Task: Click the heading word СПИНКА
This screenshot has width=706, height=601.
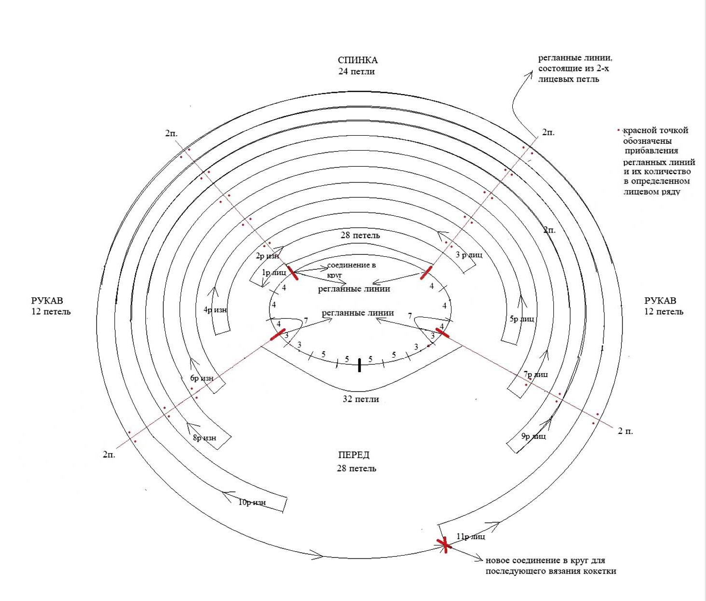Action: pos(357,60)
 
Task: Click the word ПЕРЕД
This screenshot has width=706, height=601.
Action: pos(354,455)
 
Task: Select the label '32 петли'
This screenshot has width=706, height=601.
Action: pos(361,399)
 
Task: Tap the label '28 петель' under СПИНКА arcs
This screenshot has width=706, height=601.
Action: pos(360,236)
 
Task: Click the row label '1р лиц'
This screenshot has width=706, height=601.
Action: pos(274,273)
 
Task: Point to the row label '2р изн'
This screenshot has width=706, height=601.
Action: pos(268,256)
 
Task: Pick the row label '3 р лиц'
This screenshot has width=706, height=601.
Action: pos(469,254)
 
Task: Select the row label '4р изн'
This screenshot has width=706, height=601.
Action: pos(215,310)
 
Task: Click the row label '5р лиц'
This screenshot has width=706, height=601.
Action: pos(522,319)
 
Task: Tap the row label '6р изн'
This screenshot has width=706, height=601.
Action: pos(202,378)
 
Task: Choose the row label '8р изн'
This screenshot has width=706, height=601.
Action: pos(204,438)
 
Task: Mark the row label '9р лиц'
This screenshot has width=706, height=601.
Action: pos(534,436)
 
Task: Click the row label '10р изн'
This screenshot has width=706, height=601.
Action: pos(252,503)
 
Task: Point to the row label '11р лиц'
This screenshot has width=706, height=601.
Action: pos(471,537)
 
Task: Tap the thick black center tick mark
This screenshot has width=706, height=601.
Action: pos(359,365)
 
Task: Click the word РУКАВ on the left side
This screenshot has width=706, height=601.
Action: pos(47,301)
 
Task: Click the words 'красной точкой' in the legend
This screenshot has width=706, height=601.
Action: pos(655,130)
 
